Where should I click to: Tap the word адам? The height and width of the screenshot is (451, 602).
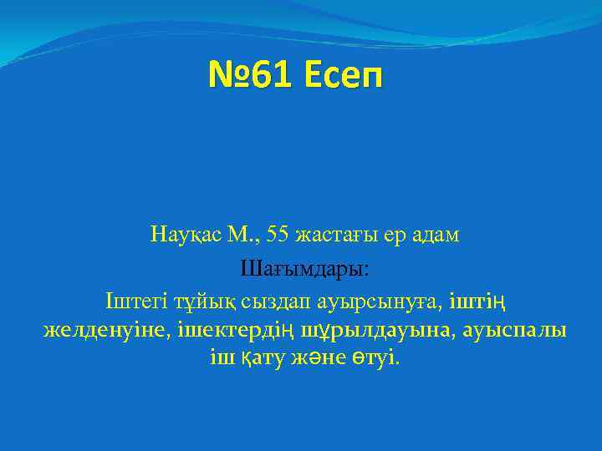click(436, 236)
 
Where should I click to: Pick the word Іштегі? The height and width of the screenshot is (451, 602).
click(130, 300)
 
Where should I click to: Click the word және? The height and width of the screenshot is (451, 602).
click(322, 360)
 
